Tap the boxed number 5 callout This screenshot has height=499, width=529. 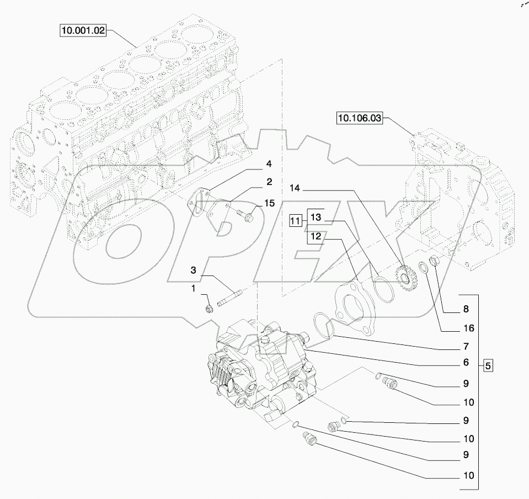coord(488,365)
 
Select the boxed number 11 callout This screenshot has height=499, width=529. coord(296,221)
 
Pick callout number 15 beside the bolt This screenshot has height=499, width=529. coord(269,204)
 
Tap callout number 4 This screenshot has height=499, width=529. coord(269,163)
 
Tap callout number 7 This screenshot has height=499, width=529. coord(466,347)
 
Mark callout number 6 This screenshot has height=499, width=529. coord(466,363)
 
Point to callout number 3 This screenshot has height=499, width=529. coord(193,270)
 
